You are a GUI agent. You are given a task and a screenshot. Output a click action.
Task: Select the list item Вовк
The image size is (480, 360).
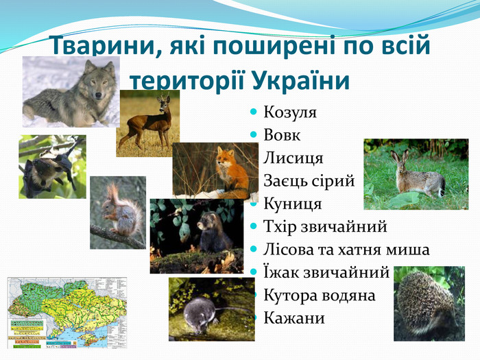[x=282, y=135]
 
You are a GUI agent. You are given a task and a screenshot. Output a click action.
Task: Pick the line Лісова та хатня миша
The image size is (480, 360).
[x=346, y=250]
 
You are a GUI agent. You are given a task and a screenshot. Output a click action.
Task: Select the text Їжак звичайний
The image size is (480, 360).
[x=326, y=272]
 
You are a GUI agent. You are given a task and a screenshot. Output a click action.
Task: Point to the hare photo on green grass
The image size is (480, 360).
[x=414, y=174]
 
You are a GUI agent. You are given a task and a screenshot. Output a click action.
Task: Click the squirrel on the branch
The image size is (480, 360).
[x=118, y=213]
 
